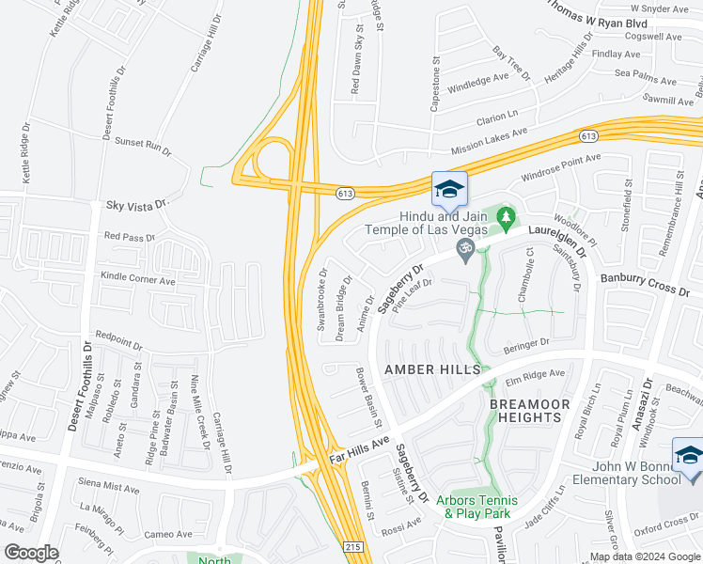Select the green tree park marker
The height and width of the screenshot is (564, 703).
tap(507, 219)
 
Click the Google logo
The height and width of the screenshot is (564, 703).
tap(31, 552)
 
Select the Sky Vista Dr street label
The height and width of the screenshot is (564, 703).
tap(136, 204)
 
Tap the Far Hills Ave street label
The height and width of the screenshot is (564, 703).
tap(359, 449)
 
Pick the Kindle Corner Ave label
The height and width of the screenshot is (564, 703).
tap(139, 280)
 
